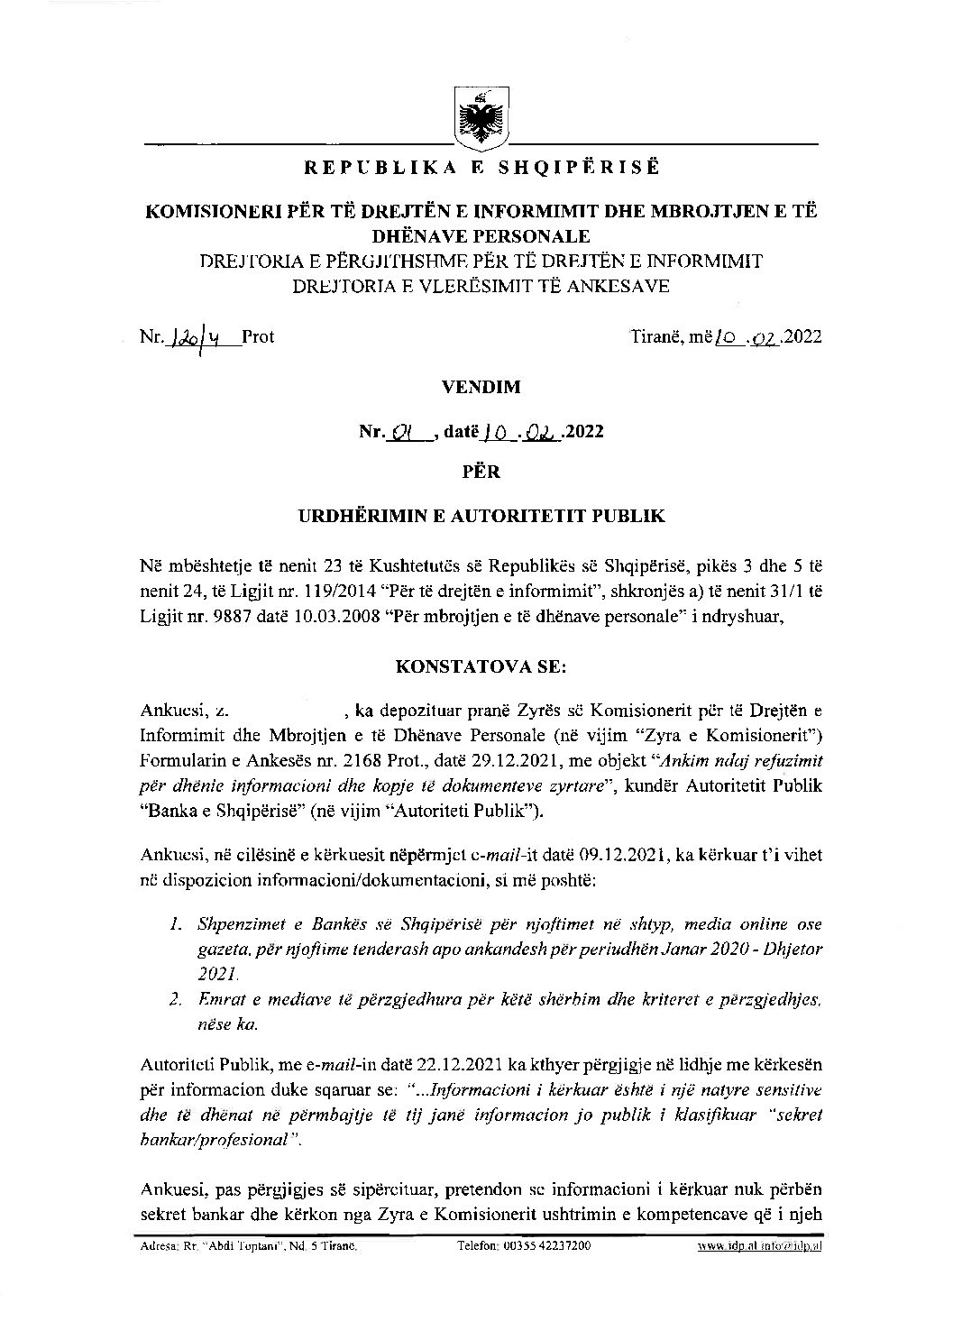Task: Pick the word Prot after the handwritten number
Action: click(x=259, y=337)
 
